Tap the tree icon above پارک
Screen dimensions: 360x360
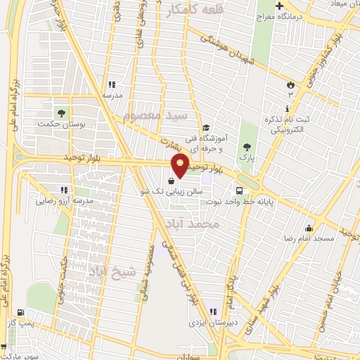tap(246, 146)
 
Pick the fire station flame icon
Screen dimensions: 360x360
tap(290, 84)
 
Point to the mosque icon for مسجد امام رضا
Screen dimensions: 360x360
tap(309, 228)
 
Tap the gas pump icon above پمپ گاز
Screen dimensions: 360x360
tap(19, 313)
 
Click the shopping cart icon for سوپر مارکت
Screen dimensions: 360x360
tap(4, 346)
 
